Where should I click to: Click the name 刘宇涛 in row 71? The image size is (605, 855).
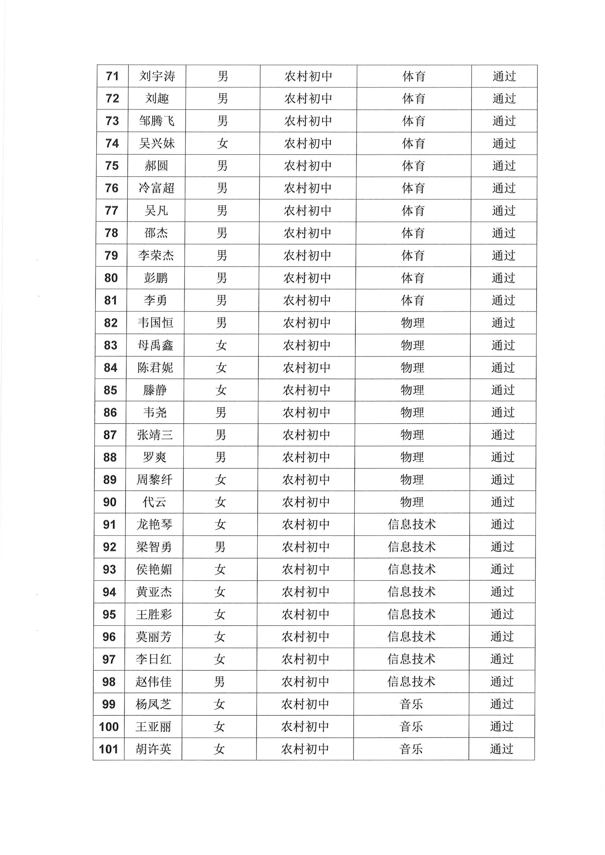[157, 76]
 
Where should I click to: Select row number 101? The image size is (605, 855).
[108, 749]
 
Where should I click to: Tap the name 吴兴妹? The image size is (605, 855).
[156, 143]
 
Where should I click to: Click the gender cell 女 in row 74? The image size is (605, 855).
[222, 143]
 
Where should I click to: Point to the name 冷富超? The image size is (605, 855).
[156, 188]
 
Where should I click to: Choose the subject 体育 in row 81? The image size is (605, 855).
[412, 300]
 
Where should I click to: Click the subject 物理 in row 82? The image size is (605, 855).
[412, 323]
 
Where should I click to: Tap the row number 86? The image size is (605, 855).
[110, 412]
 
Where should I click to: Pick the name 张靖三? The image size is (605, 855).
[154, 435]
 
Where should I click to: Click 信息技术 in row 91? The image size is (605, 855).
[412, 524]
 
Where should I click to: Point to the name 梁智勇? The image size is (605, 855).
[154, 547]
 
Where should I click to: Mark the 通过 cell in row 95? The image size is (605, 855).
[502, 614]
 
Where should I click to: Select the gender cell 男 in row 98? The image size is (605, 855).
[219, 682]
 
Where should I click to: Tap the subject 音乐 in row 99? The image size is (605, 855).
[411, 704]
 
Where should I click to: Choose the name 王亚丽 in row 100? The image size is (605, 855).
[153, 726]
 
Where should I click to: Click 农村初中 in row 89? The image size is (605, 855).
[306, 480]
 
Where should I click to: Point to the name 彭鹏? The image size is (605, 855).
[156, 278]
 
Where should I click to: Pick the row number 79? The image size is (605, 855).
[111, 255]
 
